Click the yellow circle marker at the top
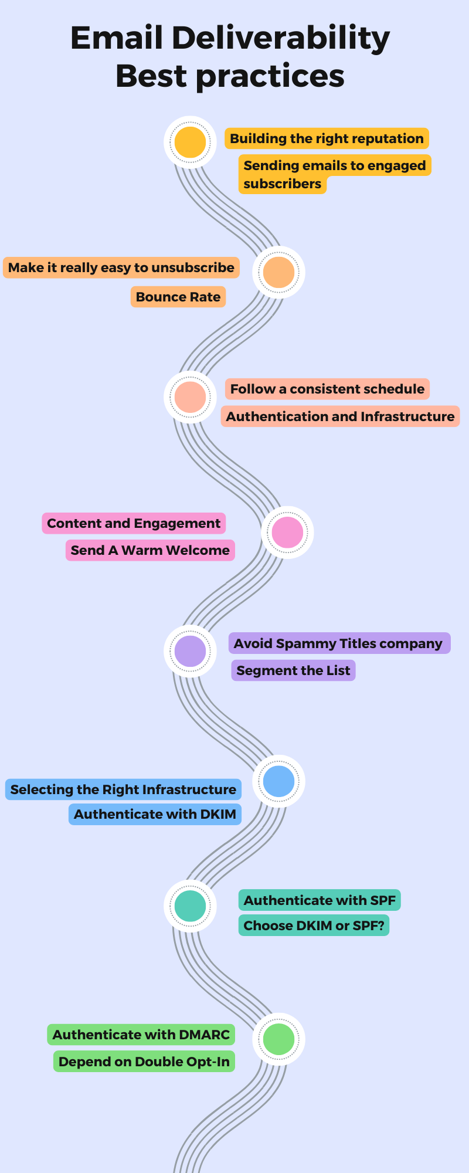[x=190, y=142]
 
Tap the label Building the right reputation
[x=327, y=139]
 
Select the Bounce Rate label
[x=178, y=297]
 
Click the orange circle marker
[x=278, y=272]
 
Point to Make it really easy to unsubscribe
[x=121, y=267]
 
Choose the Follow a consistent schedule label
[x=327, y=389]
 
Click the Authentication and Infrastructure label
[x=340, y=416]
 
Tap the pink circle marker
[x=287, y=532]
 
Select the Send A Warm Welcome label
[x=150, y=550]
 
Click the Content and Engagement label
[x=134, y=523]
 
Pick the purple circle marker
[x=190, y=651]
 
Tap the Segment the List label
[x=293, y=670]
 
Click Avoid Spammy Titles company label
[x=338, y=643]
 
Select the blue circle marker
[x=278, y=781]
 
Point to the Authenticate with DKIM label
[x=155, y=814]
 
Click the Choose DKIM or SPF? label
[x=314, y=925]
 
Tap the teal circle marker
[x=190, y=906]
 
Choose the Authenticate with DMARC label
[x=141, y=1035]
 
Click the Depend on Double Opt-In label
[x=144, y=1062]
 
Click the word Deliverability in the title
[x=280, y=39]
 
